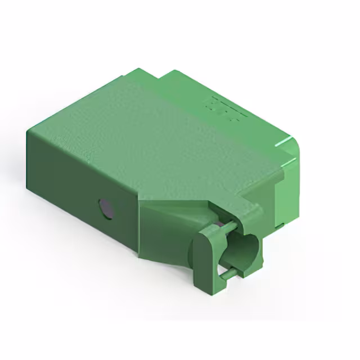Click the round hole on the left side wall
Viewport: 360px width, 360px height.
106,209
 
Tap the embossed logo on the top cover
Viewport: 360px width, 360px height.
226,110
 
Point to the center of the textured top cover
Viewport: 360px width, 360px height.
163,135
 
